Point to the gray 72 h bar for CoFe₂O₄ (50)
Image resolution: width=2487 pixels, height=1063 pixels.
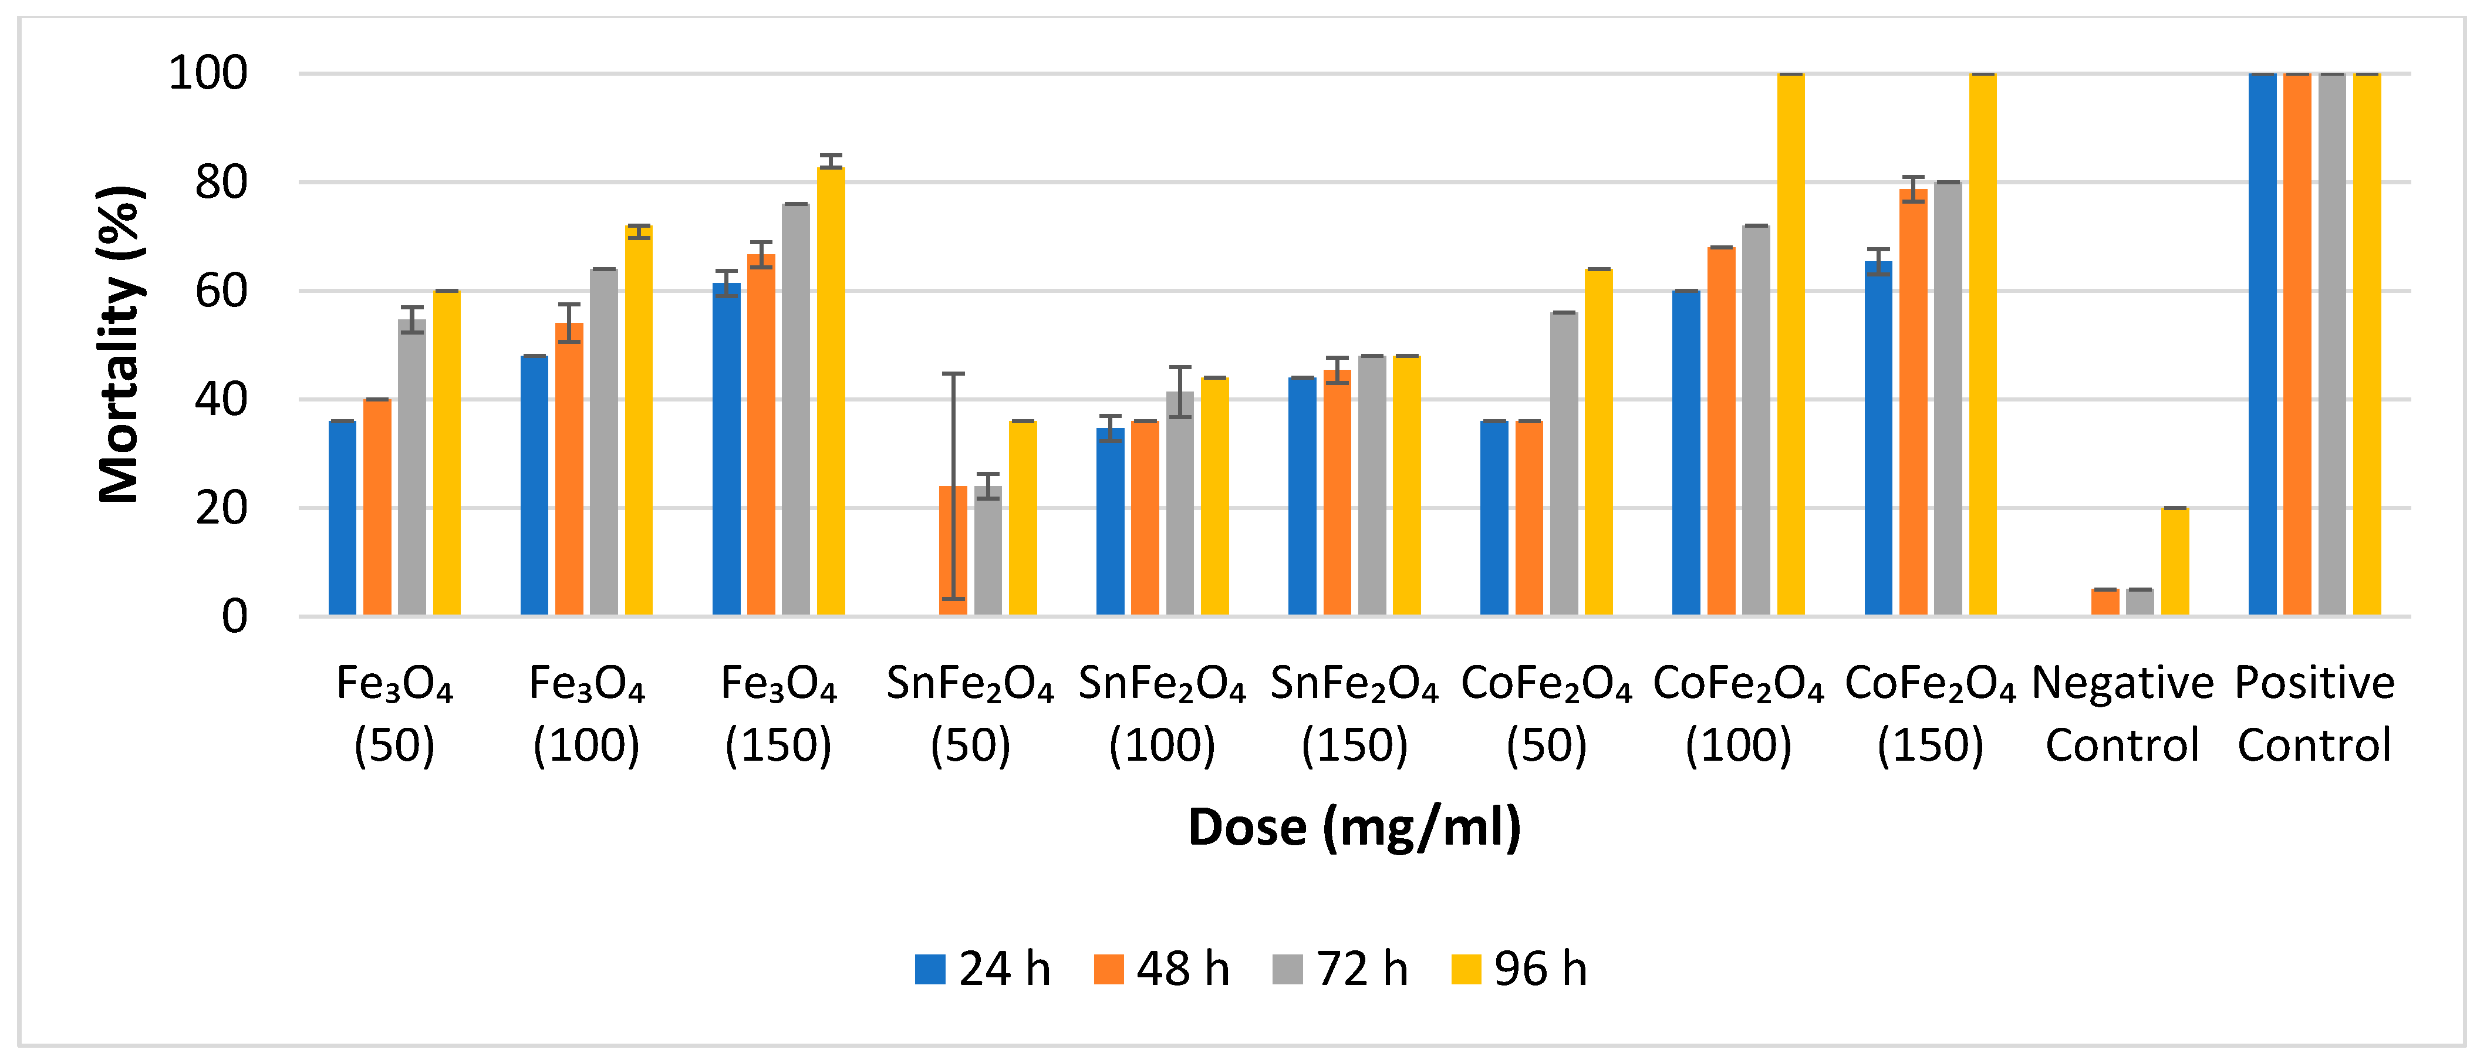1563,464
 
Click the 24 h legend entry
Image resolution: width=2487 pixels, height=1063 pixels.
982,968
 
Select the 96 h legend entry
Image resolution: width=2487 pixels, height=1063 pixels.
1518,968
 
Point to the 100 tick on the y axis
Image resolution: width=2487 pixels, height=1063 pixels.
208,73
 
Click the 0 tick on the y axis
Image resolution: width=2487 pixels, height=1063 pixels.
235,616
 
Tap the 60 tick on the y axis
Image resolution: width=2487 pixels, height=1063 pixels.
221,291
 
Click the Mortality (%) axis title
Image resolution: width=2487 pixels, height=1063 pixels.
121,345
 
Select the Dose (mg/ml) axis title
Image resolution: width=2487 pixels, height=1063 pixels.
1354,828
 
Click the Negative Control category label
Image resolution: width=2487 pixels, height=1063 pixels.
2122,714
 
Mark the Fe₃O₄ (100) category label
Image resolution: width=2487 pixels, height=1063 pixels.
586,714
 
